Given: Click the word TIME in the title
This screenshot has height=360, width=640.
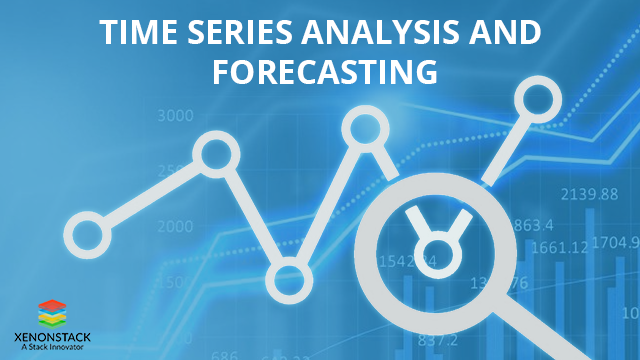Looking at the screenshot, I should pyautogui.click(x=136, y=33).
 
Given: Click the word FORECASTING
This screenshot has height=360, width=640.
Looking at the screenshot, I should pyautogui.click(x=320, y=73).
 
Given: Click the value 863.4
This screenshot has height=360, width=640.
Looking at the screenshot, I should pyautogui.click(x=534, y=224).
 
